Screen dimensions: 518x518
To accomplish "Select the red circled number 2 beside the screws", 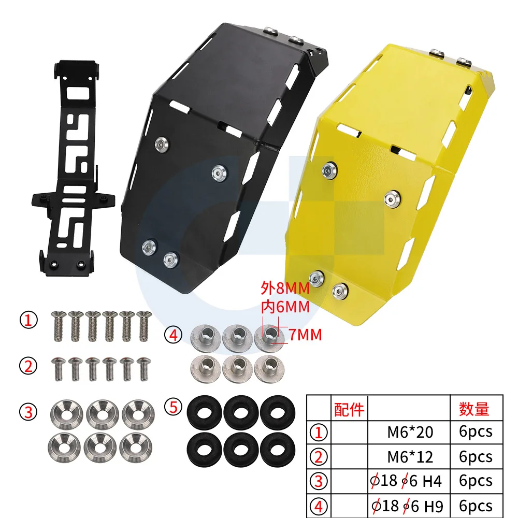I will [28, 366].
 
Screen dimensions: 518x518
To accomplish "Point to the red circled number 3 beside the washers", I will [28, 412].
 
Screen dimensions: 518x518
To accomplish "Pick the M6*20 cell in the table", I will [410, 431].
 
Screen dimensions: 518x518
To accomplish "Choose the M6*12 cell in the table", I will [410, 456].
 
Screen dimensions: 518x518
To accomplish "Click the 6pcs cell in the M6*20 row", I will [475, 431].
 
